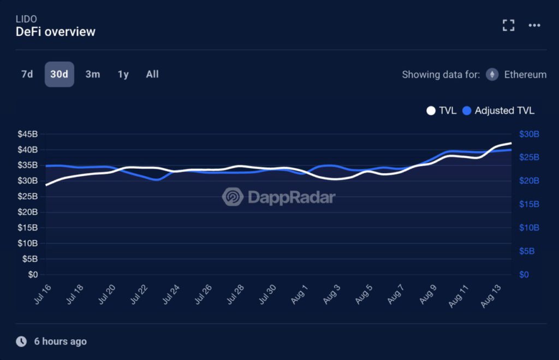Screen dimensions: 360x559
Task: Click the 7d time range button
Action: (27, 74)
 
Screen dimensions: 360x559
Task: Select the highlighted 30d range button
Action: (59, 74)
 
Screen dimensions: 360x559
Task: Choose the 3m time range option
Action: (92, 74)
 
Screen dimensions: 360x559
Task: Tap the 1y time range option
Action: (123, 74)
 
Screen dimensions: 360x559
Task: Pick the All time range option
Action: (152, 74)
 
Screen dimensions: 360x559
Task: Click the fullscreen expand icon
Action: (508, 25)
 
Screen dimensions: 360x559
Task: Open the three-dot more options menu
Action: (534, 25)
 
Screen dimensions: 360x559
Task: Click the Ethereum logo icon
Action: (492, 75)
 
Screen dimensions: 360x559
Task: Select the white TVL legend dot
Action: (431, 111)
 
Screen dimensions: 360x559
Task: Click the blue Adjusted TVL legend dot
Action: (467, 111)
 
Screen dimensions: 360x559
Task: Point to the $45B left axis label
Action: (27, 134)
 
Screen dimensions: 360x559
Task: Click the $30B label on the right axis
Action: (529, 134)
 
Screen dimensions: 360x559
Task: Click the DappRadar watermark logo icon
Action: (233, 197)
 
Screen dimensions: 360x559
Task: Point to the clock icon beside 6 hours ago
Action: (21, 341)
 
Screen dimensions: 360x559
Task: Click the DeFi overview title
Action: (56, 32)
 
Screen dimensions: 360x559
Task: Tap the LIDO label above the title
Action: (27, 19)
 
